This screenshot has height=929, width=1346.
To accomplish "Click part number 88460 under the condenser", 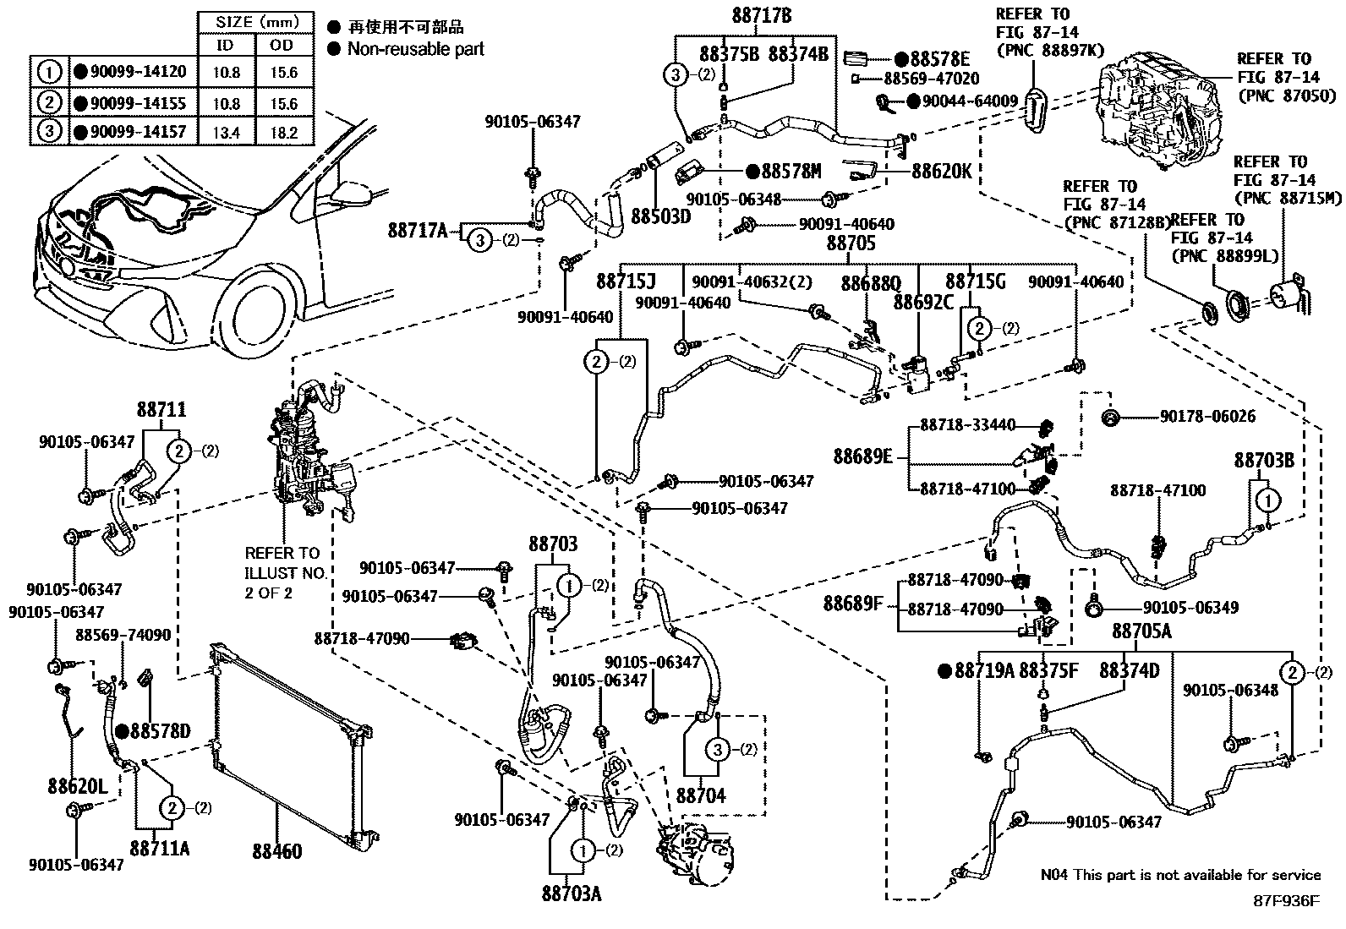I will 276,851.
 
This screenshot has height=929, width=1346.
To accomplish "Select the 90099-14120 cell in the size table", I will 130,73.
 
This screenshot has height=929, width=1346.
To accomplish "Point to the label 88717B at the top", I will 762,15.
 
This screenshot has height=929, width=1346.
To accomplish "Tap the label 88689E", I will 862,457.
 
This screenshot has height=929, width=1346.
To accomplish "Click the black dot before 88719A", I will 945,671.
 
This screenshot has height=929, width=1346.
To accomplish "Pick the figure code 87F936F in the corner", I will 1285,901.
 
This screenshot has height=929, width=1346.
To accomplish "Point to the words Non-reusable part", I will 416,49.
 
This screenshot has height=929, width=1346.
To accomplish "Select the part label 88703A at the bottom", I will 572,893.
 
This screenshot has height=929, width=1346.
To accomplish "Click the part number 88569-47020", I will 931,79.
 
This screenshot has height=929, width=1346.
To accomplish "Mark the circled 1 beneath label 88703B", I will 1267,501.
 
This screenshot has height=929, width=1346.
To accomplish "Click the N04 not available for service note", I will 1180,875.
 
